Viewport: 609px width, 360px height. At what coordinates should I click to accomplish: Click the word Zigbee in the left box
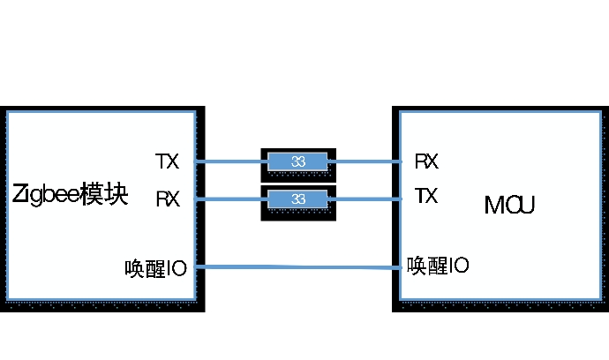coord(45,195)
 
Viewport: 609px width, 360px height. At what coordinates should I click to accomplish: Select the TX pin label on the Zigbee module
coord(167,161)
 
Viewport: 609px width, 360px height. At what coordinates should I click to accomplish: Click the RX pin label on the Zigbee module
coord(168,199)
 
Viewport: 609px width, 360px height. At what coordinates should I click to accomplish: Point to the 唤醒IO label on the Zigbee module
coord(155,267)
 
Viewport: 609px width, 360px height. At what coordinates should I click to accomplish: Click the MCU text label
coord(510,206)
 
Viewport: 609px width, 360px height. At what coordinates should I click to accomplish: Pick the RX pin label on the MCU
coord(426,161)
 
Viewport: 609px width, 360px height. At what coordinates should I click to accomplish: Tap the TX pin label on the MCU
coord(426,196)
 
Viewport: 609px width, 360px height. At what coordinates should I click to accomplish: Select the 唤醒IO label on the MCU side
coord(437,265)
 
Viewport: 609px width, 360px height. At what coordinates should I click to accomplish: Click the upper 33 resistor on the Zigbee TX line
coord(297,161)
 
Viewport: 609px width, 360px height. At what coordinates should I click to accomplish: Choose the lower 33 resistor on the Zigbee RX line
coord(297,199)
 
